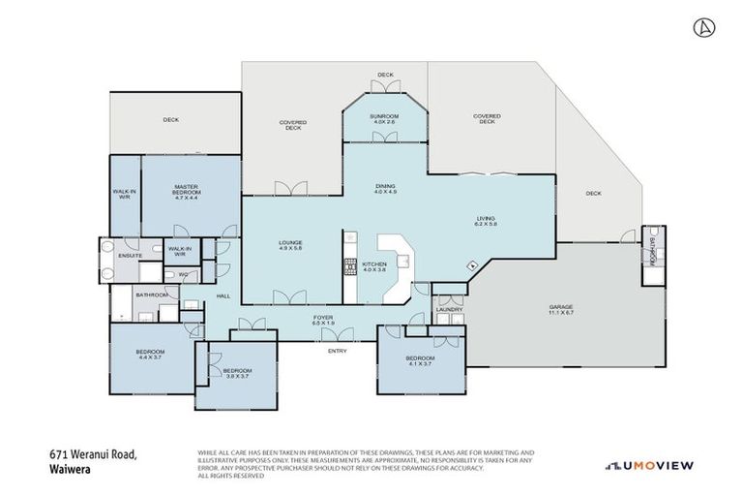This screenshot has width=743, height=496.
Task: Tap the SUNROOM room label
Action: coord(386,119)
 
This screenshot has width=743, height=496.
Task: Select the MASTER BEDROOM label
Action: coord(186,190)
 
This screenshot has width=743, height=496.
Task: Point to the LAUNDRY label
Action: coord(449,309)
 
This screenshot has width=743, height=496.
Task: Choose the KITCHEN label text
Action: coord(374,266)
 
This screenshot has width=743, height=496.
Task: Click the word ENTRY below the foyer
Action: coord(338,350)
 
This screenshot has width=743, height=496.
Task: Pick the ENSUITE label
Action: coord(131,255)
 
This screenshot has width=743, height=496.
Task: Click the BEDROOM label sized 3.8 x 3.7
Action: coord(237,373)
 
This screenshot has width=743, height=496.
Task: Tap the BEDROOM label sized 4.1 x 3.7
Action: coord(421,361)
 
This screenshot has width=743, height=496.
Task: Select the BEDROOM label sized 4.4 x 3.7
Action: coord(150,354)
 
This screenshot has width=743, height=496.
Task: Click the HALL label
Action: coord(223,296)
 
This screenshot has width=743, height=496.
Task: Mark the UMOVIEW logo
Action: coord(648,466)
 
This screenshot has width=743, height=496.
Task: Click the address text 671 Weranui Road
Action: coord(94,453)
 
